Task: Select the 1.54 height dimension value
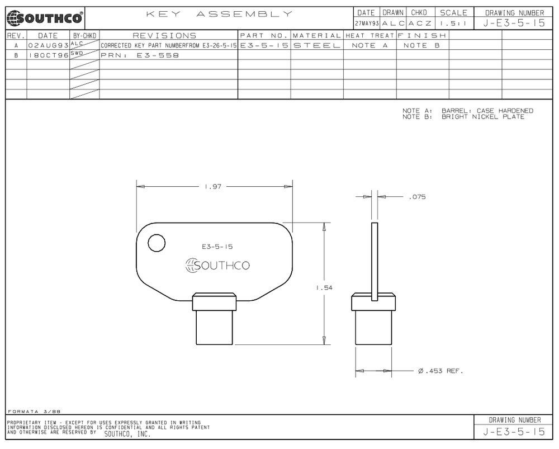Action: click(324, 287)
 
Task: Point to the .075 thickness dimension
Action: click(417, 197)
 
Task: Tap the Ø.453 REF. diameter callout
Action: click(440, 371)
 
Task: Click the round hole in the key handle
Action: click(157, 243)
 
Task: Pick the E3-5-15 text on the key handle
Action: click(217, 246)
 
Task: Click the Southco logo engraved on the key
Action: click(217, 266)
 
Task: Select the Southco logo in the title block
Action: click(44, 18)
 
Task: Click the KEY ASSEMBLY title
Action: click(219, 13)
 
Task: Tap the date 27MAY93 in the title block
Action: click(366, 23)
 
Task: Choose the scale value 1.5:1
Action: click(453, 23)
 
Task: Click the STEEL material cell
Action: click(316, 45)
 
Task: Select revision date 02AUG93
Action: click(48, 45)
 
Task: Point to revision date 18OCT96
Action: click(48, 55)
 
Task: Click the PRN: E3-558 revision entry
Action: click(140, 55)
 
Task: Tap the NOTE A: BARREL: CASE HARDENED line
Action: click(467, 111)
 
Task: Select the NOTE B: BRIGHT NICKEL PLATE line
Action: click(463, 117)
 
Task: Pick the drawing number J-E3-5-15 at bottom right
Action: click(514, 432)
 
